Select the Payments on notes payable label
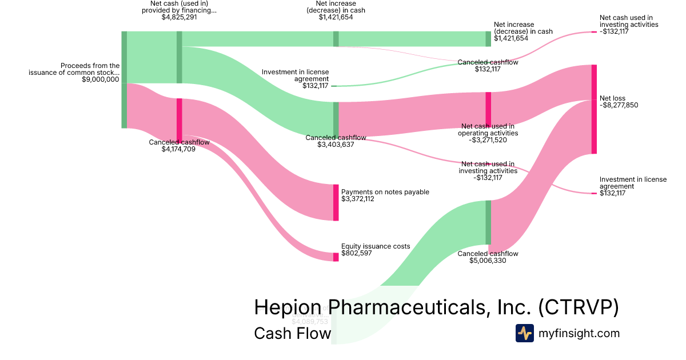385,192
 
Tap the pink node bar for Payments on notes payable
336,202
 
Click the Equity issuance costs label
376,246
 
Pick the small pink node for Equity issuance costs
336,257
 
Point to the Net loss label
612,98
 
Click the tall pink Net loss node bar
594,109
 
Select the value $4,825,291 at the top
180,17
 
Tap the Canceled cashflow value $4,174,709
179,150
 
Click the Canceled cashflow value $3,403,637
336,145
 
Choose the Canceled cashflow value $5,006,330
488,261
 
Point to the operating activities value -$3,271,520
488,140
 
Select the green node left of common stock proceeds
124,80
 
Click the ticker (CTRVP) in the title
579,307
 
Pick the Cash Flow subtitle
292,333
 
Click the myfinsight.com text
579,333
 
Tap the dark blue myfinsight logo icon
524,333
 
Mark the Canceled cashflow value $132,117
488,69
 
